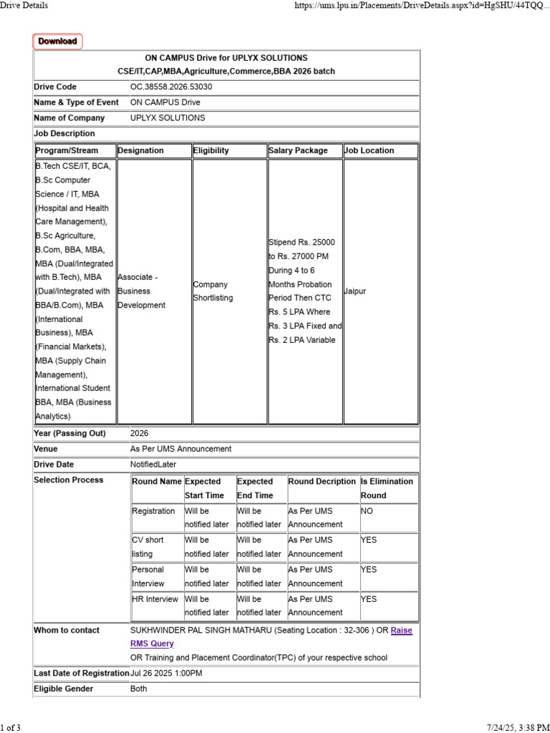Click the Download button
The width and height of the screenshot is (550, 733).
point(57,42)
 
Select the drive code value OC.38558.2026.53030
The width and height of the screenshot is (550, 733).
point(171,87)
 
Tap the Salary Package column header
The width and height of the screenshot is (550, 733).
point(298,150)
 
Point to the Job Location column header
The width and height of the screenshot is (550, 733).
point(370,150)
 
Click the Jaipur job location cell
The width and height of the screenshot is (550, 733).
point(355,291)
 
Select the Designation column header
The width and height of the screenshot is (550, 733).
point(141,150)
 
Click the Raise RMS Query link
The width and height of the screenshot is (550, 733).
point(401,631)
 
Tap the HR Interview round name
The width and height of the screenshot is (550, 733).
point(155,599)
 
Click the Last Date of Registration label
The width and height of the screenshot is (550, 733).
point(81,674)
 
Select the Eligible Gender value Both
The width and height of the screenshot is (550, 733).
point(139,689)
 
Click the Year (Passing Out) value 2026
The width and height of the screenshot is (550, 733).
point(140,433)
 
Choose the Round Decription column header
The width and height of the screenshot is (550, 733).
point(322,482)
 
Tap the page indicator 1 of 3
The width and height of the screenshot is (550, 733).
point(11,728)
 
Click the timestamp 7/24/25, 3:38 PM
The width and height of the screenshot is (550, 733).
point(519,728)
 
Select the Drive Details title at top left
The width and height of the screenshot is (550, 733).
point(24,5)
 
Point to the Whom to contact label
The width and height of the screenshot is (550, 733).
point(67,630)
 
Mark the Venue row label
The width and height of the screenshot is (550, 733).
point(45,449)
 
